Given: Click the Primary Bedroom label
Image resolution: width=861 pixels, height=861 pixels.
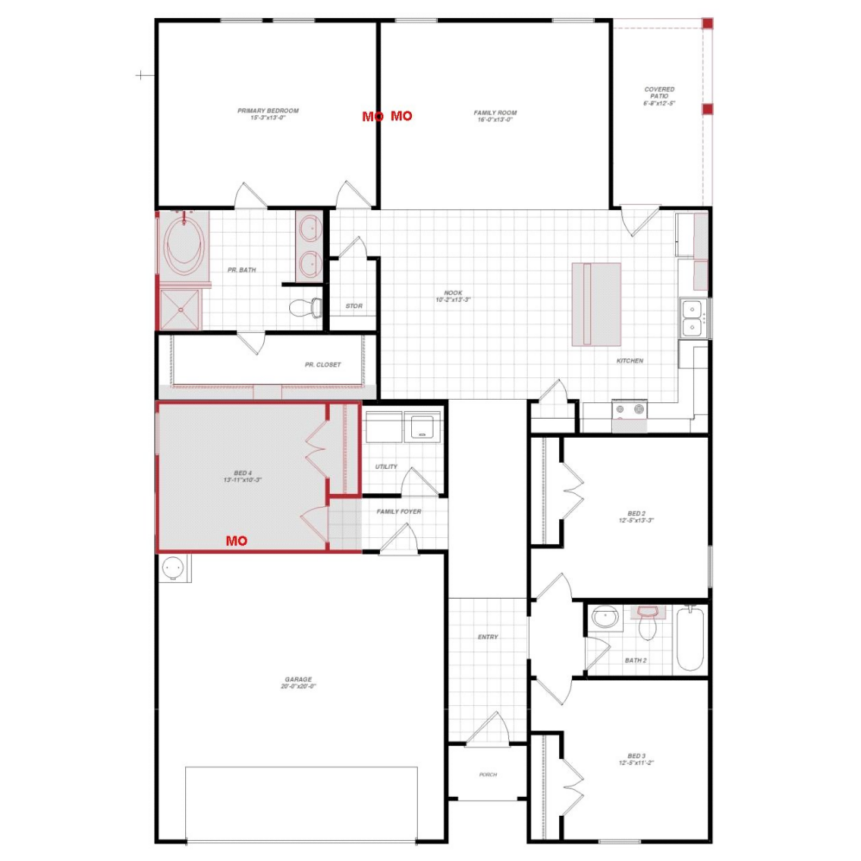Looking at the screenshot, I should (268, 114).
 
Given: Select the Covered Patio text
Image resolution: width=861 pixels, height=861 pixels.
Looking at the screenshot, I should (659, 96).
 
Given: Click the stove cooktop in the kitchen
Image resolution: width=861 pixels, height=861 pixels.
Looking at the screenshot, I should (630, 409).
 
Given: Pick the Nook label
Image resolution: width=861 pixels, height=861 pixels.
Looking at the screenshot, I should (453, 296).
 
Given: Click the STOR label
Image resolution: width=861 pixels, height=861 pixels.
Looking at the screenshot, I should (354, 306).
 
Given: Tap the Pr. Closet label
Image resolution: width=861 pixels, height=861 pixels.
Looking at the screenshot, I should (323, 365).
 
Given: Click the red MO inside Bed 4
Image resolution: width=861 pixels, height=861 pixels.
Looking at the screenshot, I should (236, 541).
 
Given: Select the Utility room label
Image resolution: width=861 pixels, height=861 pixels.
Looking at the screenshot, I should (386, 466).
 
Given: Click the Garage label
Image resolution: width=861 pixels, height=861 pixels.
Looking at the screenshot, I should (298, 683).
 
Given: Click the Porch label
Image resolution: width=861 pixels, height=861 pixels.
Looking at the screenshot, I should (488, 774).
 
